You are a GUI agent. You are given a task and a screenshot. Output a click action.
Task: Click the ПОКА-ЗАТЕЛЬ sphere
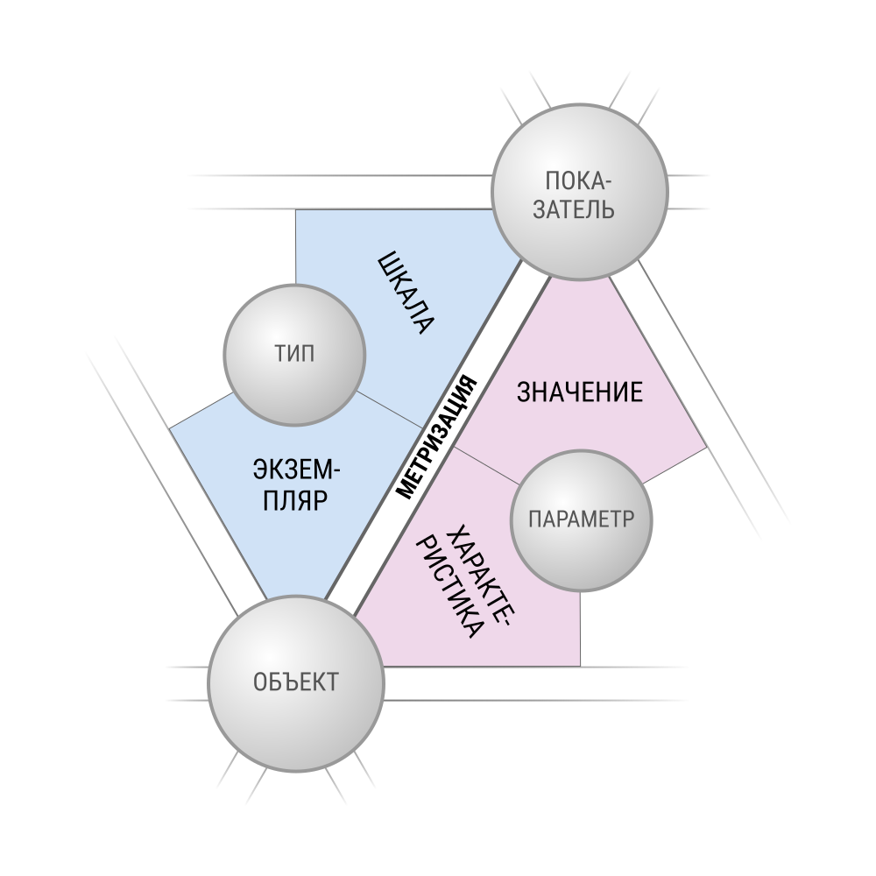579,192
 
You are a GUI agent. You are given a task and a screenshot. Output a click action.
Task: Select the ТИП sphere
294,354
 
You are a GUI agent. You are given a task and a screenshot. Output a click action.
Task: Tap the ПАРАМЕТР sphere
582,520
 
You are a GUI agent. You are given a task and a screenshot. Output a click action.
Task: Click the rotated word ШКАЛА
406,293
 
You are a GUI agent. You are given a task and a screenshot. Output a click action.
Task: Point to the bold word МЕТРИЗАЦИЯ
437,437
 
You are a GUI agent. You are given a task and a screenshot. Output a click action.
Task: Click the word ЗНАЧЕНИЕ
579,392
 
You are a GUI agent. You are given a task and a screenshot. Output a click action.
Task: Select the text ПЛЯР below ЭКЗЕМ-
295,500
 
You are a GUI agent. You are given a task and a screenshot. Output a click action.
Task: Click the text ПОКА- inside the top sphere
579,181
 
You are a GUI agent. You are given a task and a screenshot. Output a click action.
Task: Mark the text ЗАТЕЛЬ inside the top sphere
574,209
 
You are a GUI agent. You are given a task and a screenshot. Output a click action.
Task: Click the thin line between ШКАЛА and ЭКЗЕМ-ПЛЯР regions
390,410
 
